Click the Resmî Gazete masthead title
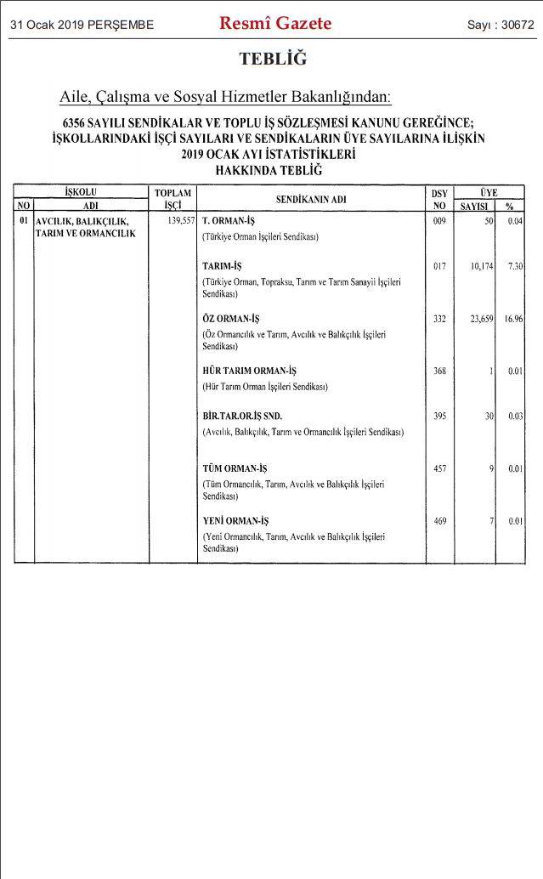(x=275, y=24)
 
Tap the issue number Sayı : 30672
(x=501, y=25)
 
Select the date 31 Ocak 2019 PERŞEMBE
(x=82, y=25)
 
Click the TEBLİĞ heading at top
(x=272, y=59)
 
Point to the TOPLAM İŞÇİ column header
(x=173, y=199)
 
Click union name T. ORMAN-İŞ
(x=229, y=220)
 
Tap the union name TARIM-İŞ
(x=222, y=266)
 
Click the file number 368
(x=439, y=371)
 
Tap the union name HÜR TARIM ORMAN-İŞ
(x=249, y=371)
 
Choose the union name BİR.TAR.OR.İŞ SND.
(x=242, y=417)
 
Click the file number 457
(x=439, y=468)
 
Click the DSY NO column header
(x=439, y=199)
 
